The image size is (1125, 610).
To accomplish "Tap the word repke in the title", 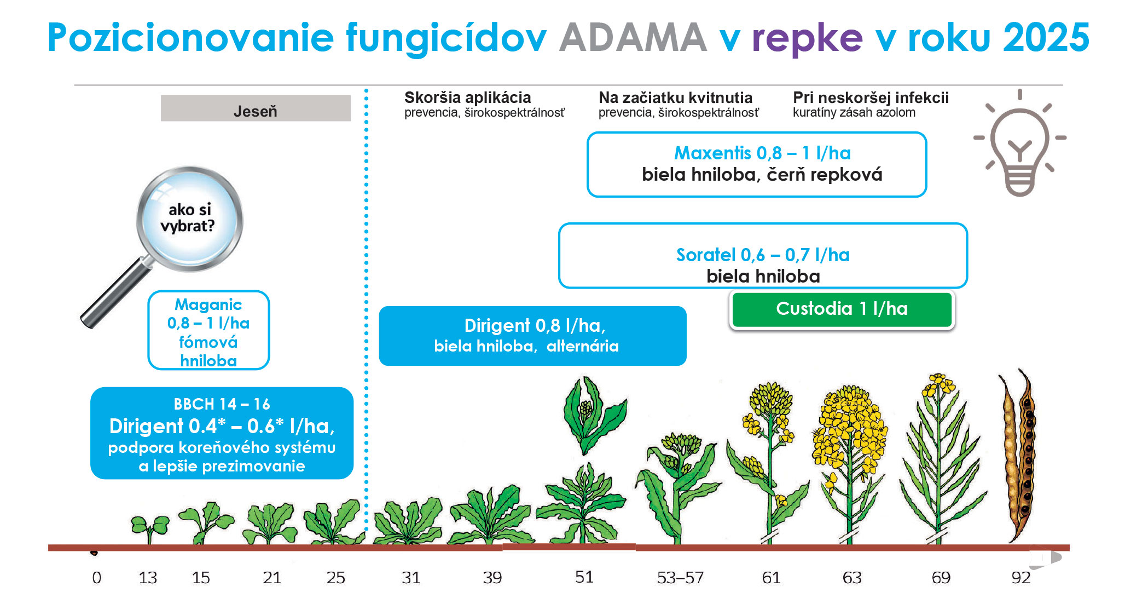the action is point(807,39).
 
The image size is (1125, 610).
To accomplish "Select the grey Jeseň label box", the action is point(256,108).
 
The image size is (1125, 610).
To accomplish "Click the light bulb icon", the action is point(1019,142).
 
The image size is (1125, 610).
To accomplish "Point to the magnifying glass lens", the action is point(189,219).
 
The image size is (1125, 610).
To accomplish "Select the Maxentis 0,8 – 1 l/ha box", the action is point(757,164).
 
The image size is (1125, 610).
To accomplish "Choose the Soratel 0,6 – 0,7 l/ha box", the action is point(763,256).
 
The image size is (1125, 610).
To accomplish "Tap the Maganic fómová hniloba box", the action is point(208,330).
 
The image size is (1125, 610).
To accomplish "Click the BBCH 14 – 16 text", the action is point(222,404).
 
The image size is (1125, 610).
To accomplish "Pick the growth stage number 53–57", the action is point(680,578).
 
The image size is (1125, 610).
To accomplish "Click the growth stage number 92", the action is point(1021,578).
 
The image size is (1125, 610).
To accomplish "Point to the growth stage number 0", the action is point(97,578).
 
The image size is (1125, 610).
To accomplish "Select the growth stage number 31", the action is point(411,578).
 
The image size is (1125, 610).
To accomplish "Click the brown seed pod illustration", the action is point(1018,454).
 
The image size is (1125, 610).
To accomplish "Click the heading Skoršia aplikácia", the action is point(468,97).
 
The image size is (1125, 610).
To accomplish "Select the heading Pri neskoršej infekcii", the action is point(871,97).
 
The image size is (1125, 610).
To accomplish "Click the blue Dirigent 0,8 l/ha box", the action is point(533,336).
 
